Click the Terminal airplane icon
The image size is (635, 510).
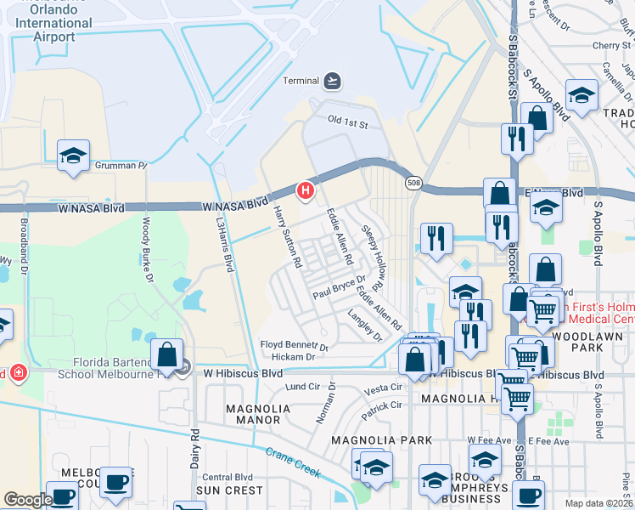333,82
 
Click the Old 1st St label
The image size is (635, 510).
348,125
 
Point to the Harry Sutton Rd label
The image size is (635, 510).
287,237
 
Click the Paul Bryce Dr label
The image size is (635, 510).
338,286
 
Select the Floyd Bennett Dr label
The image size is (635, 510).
293,346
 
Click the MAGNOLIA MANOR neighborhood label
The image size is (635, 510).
253,414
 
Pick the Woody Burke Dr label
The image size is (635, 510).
146,248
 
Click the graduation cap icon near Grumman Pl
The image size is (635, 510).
74,155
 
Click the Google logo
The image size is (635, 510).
28,500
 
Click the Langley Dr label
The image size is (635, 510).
365,325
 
